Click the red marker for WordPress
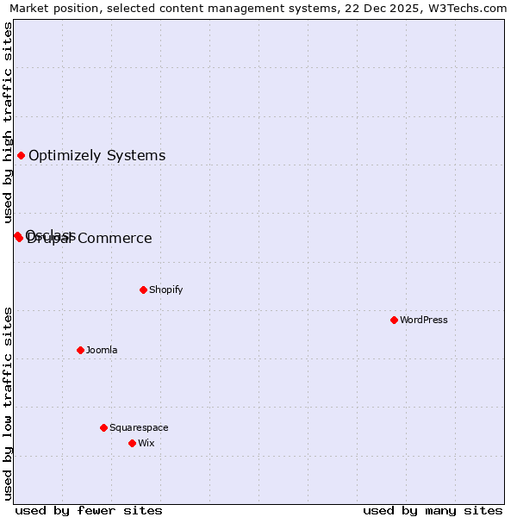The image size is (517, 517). click(394, 320)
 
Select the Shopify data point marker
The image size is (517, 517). click(143, 290)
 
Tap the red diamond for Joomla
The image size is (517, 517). click(80, 350)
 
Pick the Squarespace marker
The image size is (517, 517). click(103, 427)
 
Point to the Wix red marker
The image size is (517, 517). click(132, 443)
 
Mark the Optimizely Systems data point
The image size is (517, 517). click(21, 155)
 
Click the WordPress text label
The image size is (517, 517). click(424, 320)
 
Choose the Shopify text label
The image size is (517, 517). click(166, 290)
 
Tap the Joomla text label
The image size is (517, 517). click(102, 350)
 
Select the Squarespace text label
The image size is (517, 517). click(139, 427)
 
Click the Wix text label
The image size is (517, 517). click(146, 443)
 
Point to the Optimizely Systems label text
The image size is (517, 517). click(97, 156)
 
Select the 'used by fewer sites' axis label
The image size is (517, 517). click(89, 510)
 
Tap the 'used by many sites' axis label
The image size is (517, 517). click(433, 510)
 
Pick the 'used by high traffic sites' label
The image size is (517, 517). click(8, 123)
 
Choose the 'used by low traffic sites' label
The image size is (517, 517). click(8, 402)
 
